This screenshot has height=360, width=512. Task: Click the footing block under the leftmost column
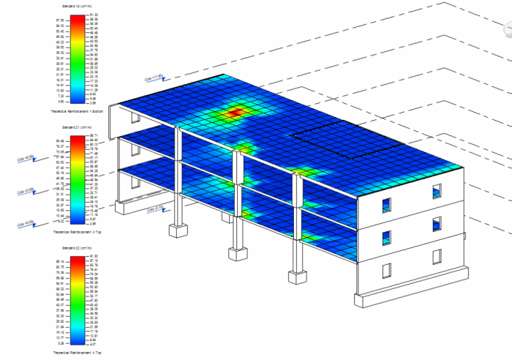pos(178,230)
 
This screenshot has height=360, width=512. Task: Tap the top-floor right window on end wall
pos(437,192)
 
